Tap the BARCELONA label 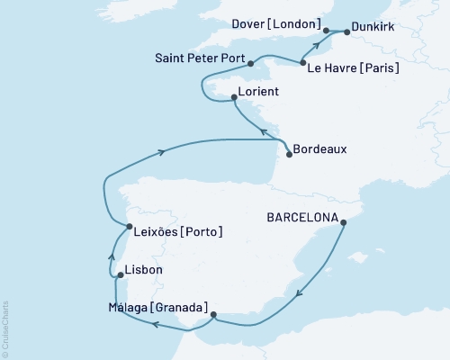tap(301, 218)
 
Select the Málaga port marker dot tap(212, 315)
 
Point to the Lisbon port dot tap(120, 275)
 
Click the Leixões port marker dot tap(129, 227)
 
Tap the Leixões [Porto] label tap(178, 232)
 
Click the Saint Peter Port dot tap(250, 64)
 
